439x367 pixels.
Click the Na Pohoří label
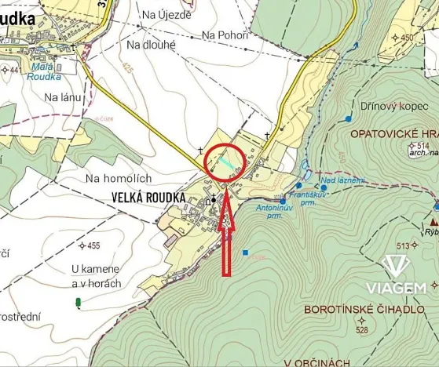point(225,35)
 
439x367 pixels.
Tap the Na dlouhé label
point(151,45)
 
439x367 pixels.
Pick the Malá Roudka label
point(43,72)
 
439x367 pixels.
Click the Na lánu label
point(63,97)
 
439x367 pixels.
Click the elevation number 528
point(362,330)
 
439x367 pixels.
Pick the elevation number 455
point(93,246)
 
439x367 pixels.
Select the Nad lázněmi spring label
point(342,180)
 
